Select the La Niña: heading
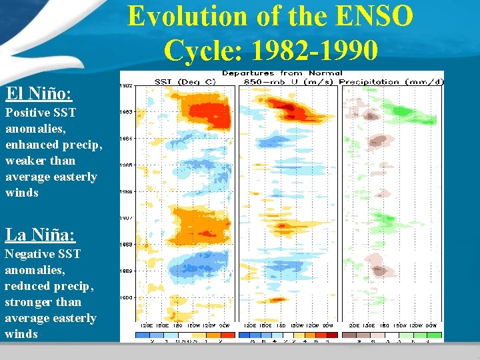pos(40,235)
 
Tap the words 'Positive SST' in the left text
pos(41,113)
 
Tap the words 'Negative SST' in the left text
pos(43,254)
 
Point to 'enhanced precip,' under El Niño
pos(54,145)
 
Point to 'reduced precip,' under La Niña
pos(49,286)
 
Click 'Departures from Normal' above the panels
pos(282,73)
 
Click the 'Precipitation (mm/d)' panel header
pos(392,82)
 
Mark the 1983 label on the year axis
pos(125,112)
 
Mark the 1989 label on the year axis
pos(125,271)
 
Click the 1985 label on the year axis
pos(125,165)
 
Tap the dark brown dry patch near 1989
pos(381,271)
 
